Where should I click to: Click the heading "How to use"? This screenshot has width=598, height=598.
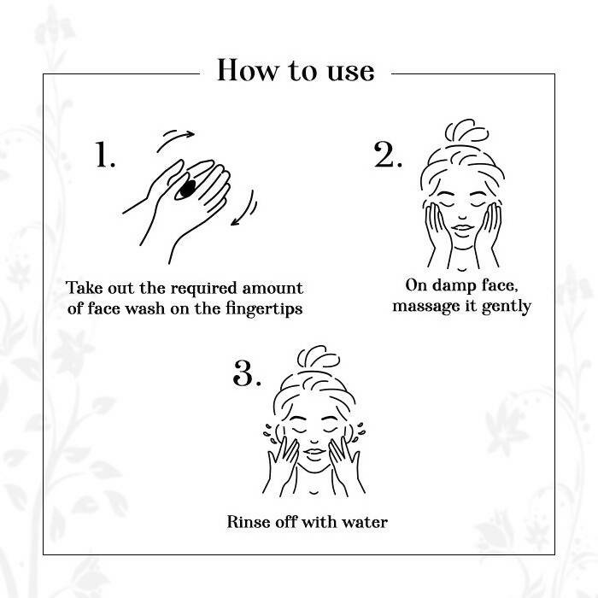pos(296,70)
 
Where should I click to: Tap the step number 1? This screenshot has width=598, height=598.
pos(104,155)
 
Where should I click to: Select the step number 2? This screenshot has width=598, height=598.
pos(388,155)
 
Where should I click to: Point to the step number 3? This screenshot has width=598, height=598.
pos(247,373)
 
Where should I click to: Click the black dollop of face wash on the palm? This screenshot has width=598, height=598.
pos(188,189)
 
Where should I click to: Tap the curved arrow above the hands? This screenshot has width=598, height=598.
pos(175,140)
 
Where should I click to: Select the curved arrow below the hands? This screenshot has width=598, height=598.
pos(245,209)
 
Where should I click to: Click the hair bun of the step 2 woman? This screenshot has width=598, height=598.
pos(466,131)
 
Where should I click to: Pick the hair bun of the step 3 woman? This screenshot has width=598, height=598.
pos(319,357)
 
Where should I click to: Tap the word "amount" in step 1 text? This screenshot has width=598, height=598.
pos(273,289)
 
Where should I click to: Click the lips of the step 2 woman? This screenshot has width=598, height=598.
pos(463,228)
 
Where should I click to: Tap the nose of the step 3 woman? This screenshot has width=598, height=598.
pos(314,442)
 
